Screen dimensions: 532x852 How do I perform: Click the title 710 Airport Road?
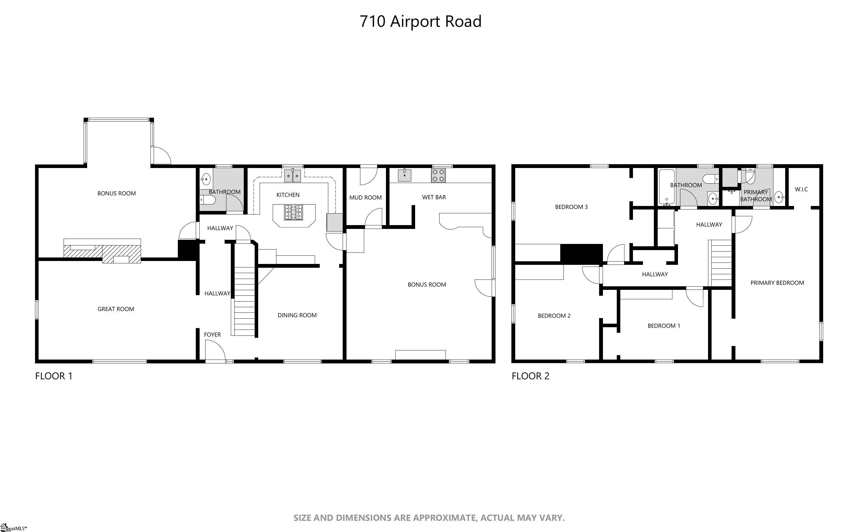click(420, 21)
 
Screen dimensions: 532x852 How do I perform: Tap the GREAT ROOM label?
click(116, 309)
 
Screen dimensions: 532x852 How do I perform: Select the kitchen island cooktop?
click(293, 212)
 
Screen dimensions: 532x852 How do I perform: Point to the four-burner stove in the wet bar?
click(438, 175)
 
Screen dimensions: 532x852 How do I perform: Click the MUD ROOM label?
click(365, 198)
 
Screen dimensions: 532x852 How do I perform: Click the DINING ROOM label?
click(297, 315)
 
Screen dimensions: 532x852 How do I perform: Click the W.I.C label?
click(801, 189)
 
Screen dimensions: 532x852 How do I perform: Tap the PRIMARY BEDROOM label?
click(777, 283)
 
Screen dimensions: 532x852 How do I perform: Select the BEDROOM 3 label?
click(571, 207)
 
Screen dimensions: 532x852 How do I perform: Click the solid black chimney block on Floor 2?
click(581, 253)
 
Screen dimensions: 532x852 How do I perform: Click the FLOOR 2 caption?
click(530, 376)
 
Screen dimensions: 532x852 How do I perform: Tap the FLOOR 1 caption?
click(54, 376)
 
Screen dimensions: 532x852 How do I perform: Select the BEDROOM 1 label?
click(664, 326)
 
